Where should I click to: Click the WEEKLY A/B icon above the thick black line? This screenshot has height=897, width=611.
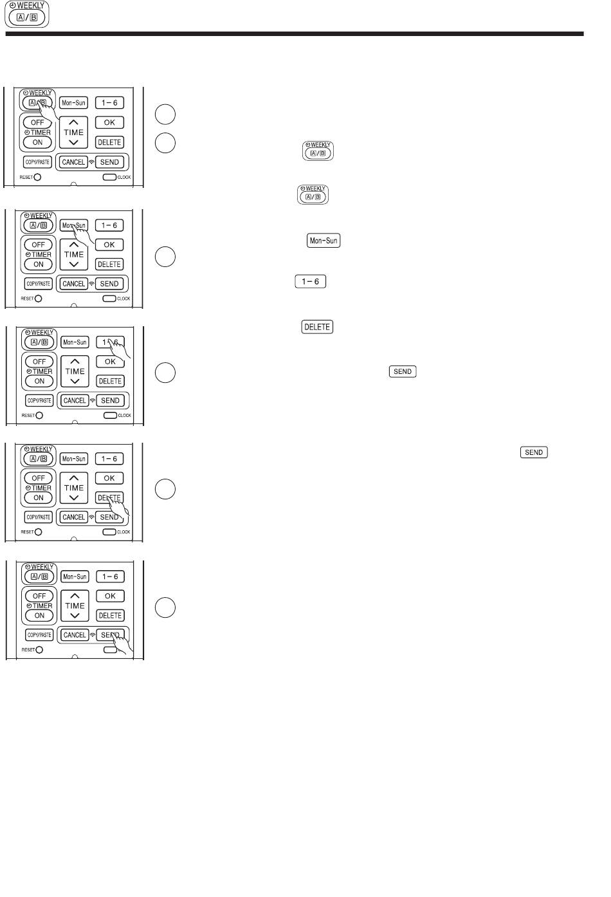26,14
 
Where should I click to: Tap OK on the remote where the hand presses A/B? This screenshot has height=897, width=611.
109,122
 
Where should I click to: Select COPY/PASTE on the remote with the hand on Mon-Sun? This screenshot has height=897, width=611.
39,284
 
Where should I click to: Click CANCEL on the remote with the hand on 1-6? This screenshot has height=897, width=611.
75,400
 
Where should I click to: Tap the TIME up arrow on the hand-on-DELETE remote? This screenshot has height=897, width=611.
73,477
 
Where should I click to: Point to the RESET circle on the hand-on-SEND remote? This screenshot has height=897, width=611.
39,649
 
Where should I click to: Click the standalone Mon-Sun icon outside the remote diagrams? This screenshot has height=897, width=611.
324,240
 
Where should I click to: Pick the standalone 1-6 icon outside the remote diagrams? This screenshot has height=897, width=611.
310,281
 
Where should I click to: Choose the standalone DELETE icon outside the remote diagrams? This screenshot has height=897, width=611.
317,327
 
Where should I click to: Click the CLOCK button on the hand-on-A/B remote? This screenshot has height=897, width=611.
109,177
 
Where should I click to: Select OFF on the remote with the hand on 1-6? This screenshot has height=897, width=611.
39,362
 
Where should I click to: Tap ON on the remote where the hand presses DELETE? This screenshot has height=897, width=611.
39,498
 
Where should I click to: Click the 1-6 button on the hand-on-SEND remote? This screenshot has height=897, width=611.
110,577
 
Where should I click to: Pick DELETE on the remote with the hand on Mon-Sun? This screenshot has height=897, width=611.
109,264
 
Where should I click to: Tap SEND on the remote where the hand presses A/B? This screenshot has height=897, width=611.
109,162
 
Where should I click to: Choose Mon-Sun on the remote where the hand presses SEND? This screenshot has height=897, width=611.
75,577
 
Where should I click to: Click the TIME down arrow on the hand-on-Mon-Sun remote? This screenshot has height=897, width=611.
73,264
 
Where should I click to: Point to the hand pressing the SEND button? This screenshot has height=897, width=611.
122,643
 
